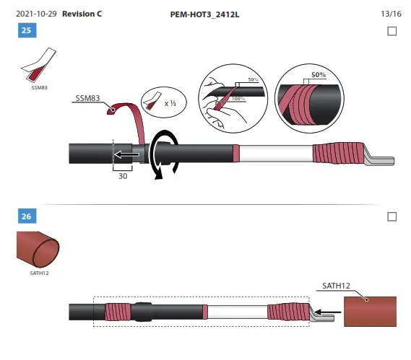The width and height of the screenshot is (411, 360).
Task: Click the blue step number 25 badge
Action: coord(26,31)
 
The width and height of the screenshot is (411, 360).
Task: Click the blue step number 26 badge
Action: coord(26,216)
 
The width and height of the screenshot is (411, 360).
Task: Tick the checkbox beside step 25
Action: coord(392,31)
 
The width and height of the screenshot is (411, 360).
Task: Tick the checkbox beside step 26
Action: coord(392,216)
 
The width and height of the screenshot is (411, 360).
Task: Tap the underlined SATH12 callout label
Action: coord(337,286)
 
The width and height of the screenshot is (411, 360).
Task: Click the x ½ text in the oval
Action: coord(171,103)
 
